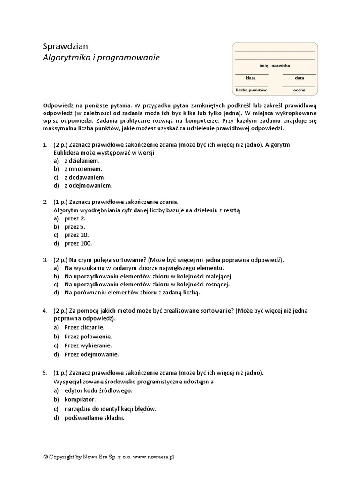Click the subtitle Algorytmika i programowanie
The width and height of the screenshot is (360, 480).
point(101,58)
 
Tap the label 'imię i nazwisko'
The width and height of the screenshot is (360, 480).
point(274,67)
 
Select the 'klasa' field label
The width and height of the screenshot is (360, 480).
point(250,78)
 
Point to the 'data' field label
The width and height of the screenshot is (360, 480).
point(300,78)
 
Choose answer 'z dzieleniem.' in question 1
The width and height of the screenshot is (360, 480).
point(82,160)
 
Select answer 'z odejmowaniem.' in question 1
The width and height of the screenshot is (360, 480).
point(86,186)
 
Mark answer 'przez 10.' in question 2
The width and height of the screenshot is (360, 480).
point(76,235)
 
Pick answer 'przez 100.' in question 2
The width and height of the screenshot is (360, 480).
point(78,243)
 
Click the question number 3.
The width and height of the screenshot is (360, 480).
point(45,259)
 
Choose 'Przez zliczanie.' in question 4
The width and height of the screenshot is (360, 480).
point(84,327)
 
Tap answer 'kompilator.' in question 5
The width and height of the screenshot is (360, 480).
point(80,399)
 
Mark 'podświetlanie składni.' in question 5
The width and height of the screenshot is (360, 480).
point(95,418)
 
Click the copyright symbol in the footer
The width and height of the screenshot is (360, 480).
point(45,456)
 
